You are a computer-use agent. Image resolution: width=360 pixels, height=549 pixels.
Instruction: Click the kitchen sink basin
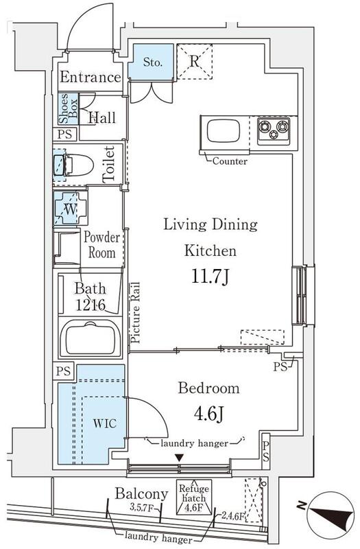(224, 131)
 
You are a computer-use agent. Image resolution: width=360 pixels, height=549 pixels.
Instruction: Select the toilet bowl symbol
(73, 165)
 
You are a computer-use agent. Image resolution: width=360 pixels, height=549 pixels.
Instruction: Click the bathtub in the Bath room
(91, 338)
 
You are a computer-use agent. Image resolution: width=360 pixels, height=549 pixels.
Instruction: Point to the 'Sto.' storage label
(153, 62)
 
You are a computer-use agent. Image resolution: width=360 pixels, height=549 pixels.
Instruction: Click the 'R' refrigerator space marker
(195, 61)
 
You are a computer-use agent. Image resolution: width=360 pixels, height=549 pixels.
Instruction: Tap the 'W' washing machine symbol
(70, 209)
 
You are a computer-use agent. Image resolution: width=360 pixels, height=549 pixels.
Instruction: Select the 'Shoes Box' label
(68, 108)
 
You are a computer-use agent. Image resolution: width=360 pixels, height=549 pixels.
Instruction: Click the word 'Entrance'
(91, 77)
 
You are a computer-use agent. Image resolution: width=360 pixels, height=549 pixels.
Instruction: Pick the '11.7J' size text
(211, 276)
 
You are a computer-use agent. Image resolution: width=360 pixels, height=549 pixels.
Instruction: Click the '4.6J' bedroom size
(209, 414)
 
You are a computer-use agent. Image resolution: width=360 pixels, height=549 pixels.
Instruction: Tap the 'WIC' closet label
(105, 423)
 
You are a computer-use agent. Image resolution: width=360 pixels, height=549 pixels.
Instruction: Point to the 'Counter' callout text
(230, 161)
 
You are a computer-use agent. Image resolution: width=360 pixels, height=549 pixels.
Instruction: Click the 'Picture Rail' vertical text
(135, 312)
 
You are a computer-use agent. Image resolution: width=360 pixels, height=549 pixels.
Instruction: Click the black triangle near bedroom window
(180, 457)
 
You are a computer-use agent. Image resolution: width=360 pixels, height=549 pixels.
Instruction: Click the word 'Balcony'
(141, 493)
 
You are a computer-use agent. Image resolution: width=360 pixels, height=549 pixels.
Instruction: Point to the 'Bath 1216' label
(91, 297)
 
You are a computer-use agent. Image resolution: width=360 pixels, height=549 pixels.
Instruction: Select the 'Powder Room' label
(101, 245)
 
